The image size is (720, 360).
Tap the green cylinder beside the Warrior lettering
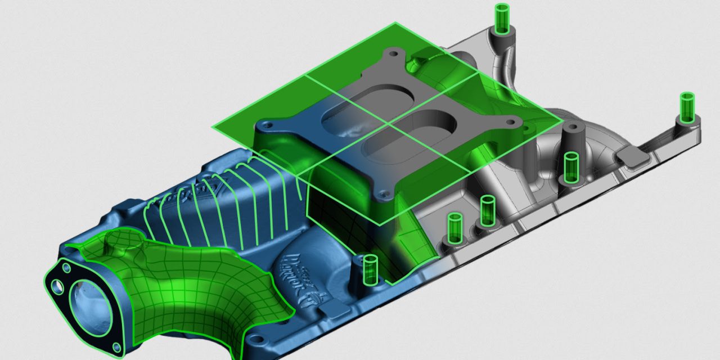coord(370,269)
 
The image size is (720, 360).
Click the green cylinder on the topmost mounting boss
coord(501,18)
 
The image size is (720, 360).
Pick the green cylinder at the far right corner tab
coord(687,107)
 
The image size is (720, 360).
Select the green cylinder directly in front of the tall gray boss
coord(570,167)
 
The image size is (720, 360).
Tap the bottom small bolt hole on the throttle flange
coord(115,346)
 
